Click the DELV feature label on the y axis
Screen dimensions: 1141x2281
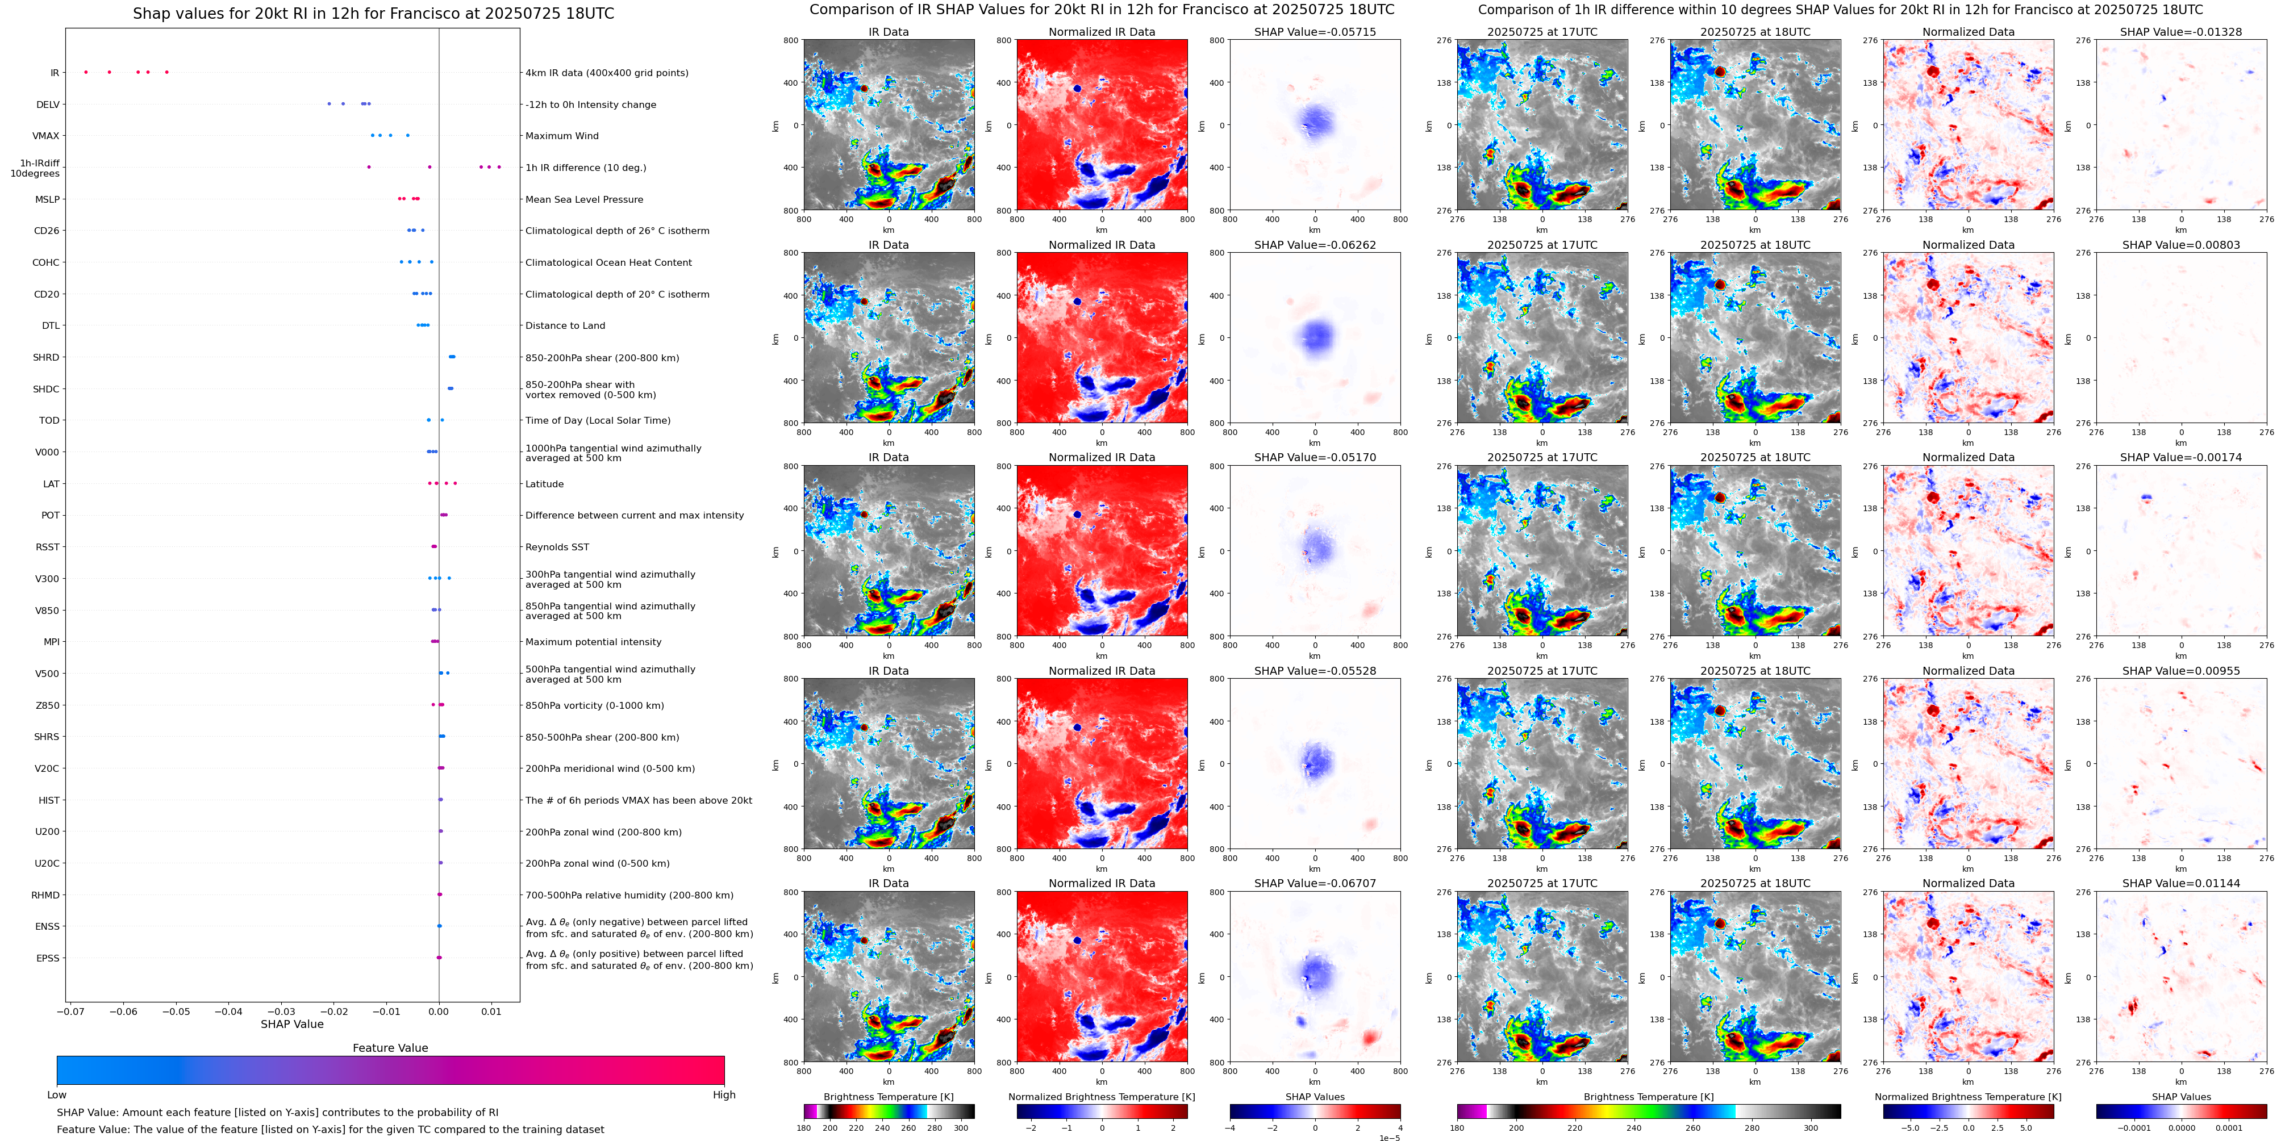(48, 105)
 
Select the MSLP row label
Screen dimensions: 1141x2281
(48, 199)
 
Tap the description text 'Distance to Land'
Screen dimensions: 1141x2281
(565, 326)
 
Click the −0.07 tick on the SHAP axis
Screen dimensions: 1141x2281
(71, 1011)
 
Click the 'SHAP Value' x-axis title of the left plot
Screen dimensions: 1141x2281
(292, 1024)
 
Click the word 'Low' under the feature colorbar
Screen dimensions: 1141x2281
(57, 1095)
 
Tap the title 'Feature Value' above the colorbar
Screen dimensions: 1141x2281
(390, 1048)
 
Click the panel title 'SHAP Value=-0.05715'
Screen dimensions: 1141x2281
(1315, 32)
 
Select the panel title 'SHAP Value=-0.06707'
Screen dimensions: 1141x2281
(1315, 883)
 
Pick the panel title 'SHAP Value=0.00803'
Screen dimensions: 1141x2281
(2181, 245)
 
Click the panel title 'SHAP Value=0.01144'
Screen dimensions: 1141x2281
(2181, 883)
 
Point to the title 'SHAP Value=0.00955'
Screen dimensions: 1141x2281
(2181, 671)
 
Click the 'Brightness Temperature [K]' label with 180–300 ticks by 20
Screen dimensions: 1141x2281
(888, 1097)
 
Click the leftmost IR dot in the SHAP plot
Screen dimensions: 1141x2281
(86, 72)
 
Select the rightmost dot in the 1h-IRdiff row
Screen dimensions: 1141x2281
(499, 168)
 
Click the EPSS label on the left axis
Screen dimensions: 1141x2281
(48, 958)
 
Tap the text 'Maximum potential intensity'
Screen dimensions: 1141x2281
(593, 642)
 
